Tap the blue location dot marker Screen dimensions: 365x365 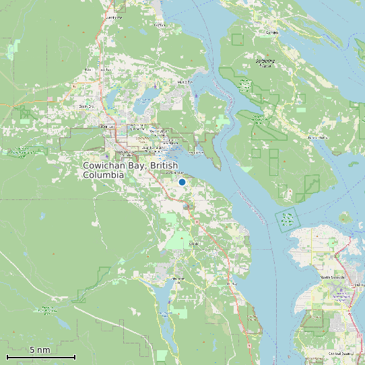pos(182,182)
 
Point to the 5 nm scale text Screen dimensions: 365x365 pos(40,350)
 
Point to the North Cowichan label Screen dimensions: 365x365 pos(86,106)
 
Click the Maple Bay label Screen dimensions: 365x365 pos(185,82)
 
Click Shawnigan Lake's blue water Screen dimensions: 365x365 pos(164,296)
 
